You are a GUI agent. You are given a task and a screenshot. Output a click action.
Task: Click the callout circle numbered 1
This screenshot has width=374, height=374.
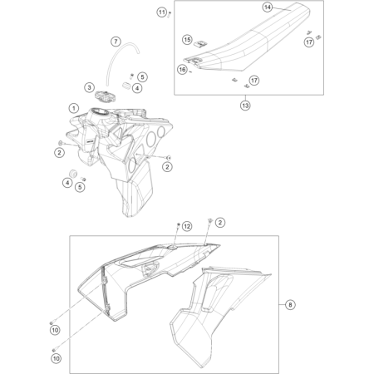click(74, 108)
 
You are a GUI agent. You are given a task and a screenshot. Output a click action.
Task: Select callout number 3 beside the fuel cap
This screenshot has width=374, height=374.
click(88, 86)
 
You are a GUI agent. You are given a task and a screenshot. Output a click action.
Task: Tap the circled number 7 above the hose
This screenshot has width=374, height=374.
click(116, 42)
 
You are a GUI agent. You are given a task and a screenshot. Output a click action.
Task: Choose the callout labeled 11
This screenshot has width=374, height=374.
click(162, 11)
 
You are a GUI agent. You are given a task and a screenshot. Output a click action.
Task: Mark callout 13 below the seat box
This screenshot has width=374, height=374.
click(245, 106)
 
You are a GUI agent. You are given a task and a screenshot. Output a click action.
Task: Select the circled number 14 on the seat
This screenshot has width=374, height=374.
click(267, 7)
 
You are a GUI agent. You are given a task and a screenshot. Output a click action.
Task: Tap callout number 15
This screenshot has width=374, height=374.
click(188, 39)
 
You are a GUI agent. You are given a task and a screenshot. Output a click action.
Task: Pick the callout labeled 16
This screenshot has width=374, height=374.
click(182, 71)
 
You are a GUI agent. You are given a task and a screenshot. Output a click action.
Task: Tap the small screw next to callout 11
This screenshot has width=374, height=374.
click(170, 15)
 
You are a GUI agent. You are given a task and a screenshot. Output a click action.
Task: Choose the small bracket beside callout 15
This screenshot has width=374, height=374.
click(199, 46)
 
